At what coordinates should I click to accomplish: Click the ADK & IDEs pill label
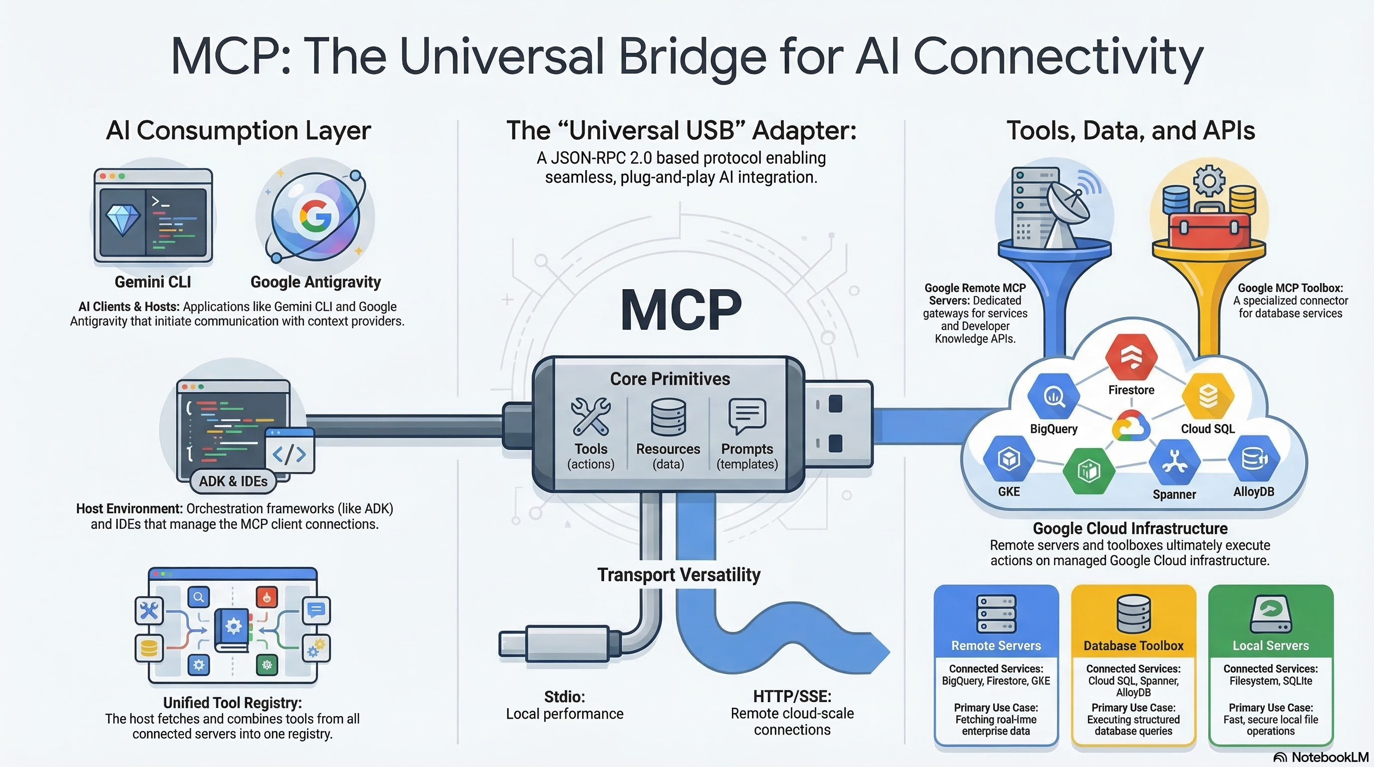click(x=233, y=481)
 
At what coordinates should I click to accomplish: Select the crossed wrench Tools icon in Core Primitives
click(x=591, y=416)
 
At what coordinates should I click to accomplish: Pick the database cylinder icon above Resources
click(x=668, y=416)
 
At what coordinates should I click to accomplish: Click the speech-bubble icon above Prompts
click(x=747, y=415)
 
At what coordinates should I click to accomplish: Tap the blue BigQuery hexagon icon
click(x=1053, y=396)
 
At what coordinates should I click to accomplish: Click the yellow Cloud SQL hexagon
click(x=1208, y=396)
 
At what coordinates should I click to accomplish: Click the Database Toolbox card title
click(x=1133, y=645)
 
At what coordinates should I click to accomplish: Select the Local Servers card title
click(x=1271, y=645)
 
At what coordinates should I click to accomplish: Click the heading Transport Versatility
click(x=679, y=574)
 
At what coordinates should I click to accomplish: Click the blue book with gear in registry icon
click(x=233, y=629)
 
